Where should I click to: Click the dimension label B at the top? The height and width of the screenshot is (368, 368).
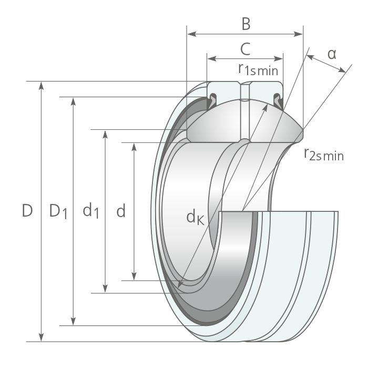click(246, 24)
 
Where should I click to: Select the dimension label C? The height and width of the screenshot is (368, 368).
click(246, 49)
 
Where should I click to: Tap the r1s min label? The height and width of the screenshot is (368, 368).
click(258, 69)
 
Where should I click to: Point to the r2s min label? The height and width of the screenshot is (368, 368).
click(324, 155)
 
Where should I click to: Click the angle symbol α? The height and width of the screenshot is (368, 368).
click(332, 55)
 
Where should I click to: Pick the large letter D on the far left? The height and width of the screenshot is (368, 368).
click(27, 210)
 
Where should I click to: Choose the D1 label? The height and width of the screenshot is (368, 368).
click(58, 212)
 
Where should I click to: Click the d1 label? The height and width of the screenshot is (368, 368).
click(91, 211)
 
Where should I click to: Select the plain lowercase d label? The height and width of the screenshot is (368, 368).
click(121, 210)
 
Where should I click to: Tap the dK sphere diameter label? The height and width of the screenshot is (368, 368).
click(195, 217)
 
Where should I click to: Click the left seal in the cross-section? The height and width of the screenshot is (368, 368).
click(212, 100)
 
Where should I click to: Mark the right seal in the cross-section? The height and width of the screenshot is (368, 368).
click(278, 100)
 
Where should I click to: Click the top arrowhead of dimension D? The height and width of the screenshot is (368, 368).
click(42, 85)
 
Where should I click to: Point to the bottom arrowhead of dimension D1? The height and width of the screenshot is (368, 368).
click(74, 321)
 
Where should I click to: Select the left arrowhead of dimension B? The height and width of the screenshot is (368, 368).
click(192, 34)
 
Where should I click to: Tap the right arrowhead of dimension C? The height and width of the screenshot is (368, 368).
click(278, 59)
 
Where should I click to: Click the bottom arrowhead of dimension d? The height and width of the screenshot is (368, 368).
click(134, 276)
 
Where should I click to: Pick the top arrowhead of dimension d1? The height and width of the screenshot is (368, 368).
click(105, 134)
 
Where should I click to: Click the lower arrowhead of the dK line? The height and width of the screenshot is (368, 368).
click(180, 284)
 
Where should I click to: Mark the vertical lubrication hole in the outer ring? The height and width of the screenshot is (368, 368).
click(246, 91)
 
